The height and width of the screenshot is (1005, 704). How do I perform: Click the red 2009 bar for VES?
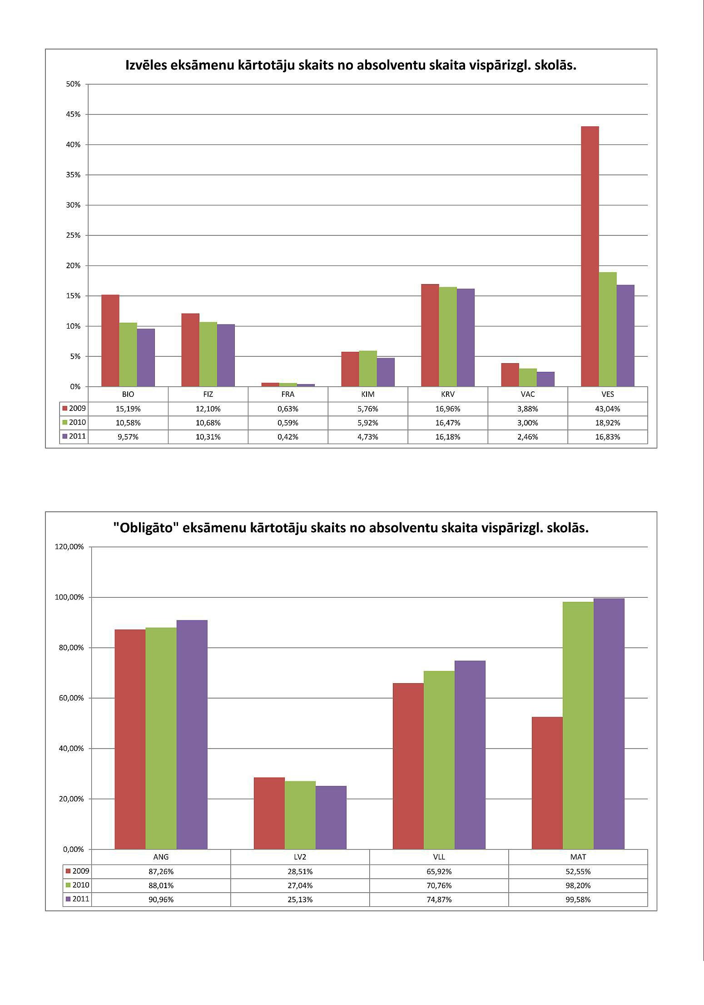pyautogui.click(x=590, y=256)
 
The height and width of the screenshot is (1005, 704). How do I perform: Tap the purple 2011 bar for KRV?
pyautogui.click(x=466, y=337)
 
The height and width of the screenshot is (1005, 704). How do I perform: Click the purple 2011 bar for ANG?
pyautogui.click(x=192, y=735)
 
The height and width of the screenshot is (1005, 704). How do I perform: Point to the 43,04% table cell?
pyautogui.click(x=607, y=409)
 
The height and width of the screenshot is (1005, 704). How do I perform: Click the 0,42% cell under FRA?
pyautogui.click(x=288, y=437)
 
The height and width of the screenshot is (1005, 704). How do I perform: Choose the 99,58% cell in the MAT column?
pyautogui.click(x=578, y=900)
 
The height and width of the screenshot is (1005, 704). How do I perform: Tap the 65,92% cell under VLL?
pyautogui.click(x=439, y=871)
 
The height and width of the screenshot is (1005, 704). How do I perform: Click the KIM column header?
pyautogui.click(x=368, y=394)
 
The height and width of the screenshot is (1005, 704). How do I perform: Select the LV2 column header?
pyautogui.click(x=300, y=857)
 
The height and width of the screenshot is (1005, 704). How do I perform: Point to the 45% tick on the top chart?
pyautogui.click(x=73, y=115)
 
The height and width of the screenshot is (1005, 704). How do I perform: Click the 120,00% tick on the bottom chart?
pyautogui.click(x=69, y=546)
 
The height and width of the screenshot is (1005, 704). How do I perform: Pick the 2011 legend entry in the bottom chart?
pyautogui.click(x=77, y=899)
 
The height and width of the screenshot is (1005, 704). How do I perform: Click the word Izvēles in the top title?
pyautogui.click(x=145, y=65)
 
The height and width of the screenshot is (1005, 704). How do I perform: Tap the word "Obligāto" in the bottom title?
pyautogui.click(x=142, y=528)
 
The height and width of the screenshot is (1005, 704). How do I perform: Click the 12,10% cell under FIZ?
pyautogui.click(x=208, y=409)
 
